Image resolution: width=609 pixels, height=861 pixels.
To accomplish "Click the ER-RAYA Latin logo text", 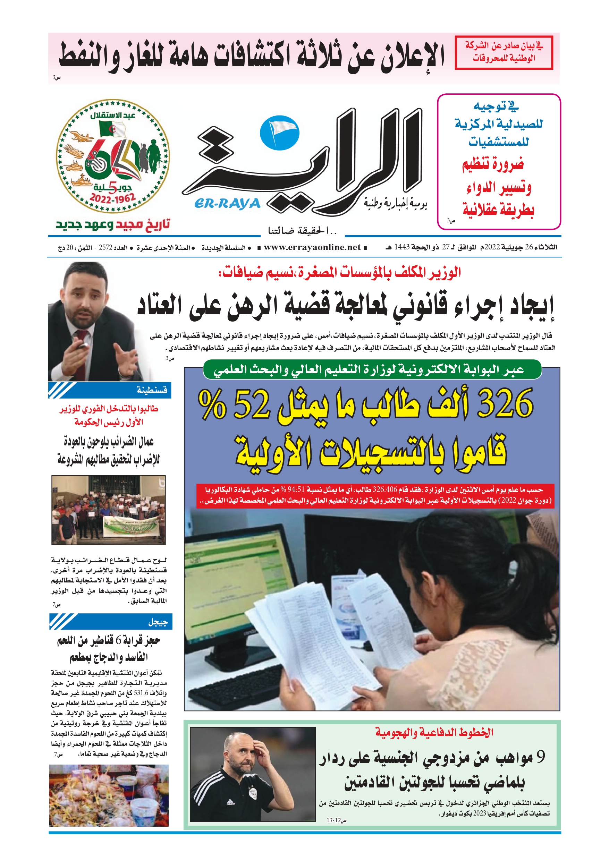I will [x=227, y=204].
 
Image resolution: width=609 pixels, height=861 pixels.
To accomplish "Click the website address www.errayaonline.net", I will [x=312, y=247].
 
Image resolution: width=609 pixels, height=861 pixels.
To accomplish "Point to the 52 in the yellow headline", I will [x=251, y=404].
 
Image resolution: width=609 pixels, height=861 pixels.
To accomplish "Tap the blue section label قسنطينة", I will [x=152, y=390].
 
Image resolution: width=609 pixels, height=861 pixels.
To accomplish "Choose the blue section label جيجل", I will [x=158, y=622].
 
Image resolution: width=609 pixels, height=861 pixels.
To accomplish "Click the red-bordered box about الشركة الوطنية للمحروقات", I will [x=504, y=52].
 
